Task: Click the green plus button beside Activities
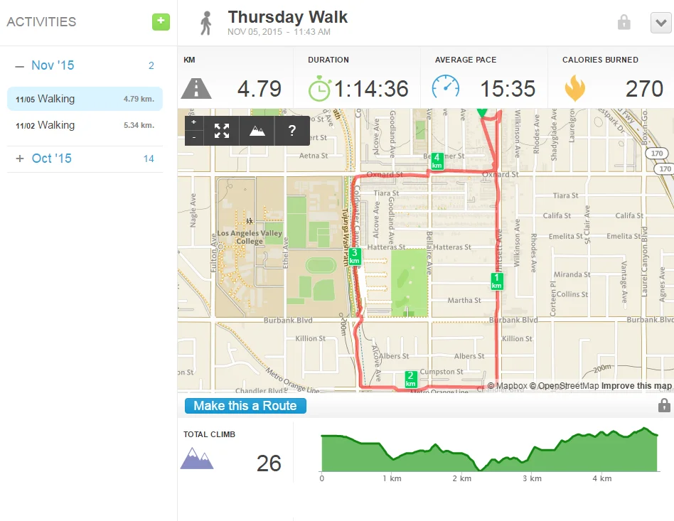coord(161,21)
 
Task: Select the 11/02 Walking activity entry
coord(85,125)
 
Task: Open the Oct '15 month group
coord(51,159)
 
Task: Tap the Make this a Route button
coord(245,406)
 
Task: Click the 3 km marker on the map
coord(355,256)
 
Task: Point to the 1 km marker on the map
coord(497,281)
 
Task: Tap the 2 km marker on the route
coord(410,379)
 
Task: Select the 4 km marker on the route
coord(437,161)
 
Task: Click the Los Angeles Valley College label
coord(250,237)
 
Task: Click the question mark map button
coord(291,131)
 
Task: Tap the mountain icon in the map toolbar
coord(257,131)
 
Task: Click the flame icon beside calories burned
coord(574,89)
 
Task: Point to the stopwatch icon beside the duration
coord(319,88)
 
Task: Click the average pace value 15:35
coord(507,89)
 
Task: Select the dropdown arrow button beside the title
coord(660,23)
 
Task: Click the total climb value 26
coord(269,463)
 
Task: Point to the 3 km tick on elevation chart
coord(532,478)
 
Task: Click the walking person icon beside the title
coord(206,23)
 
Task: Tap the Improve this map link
coord(636,386)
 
